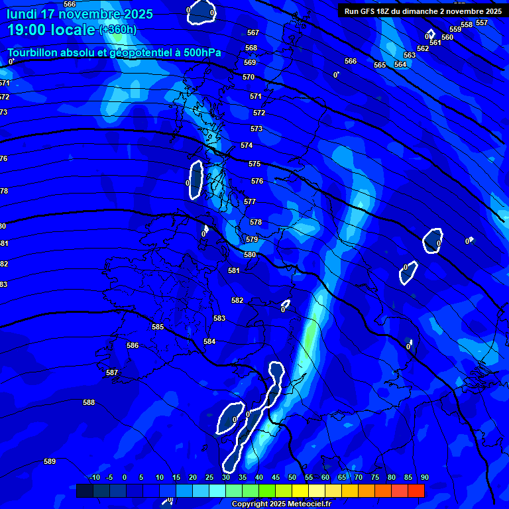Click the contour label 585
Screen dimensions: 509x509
(158, 327)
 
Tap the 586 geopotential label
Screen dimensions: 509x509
(133, 345)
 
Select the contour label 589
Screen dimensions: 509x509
(50, 461)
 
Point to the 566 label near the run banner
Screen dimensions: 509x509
(351, 61)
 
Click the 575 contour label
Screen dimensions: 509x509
(254, 164)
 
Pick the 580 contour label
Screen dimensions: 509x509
(250, 254)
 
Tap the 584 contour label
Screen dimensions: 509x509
(209, 341)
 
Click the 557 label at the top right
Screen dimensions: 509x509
(482, 23)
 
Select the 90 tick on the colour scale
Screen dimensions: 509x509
(424, 477)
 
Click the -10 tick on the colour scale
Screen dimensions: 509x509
(94, 477)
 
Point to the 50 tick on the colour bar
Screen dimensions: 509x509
(292, 477)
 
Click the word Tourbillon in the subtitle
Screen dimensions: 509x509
(33, 53)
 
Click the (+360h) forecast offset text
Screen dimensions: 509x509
(118, 29)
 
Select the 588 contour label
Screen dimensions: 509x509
(89, 402)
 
